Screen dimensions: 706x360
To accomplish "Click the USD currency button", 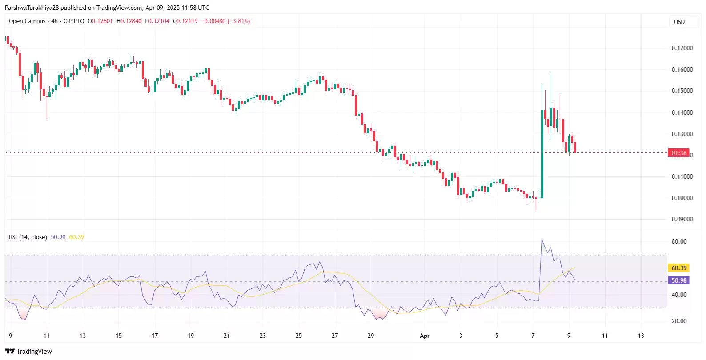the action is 679,22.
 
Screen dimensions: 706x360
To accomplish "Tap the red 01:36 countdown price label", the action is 678,153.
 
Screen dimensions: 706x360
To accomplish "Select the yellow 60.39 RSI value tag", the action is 678,268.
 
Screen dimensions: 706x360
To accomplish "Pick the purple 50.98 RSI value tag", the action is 678,280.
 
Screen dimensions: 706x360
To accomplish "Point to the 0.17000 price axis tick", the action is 682,48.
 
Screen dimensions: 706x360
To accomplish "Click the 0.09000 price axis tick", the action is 682,219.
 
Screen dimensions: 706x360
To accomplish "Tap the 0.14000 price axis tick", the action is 682,112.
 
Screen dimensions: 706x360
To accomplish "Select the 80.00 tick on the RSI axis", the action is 679,242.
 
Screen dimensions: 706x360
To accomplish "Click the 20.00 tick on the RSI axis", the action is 679,321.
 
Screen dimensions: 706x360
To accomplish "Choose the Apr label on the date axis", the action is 425,336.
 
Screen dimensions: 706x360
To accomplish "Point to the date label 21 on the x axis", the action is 227,336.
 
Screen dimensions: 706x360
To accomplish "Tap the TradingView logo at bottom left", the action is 28,352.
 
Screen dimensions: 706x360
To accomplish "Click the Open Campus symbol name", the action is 27,21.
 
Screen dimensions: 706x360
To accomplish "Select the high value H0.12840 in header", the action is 129,21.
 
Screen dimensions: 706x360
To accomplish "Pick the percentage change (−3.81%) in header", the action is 238,21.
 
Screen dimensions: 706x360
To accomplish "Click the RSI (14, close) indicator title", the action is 28,237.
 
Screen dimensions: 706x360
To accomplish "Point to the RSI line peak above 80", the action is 542,240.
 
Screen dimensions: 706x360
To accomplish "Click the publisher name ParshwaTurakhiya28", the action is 32,8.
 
